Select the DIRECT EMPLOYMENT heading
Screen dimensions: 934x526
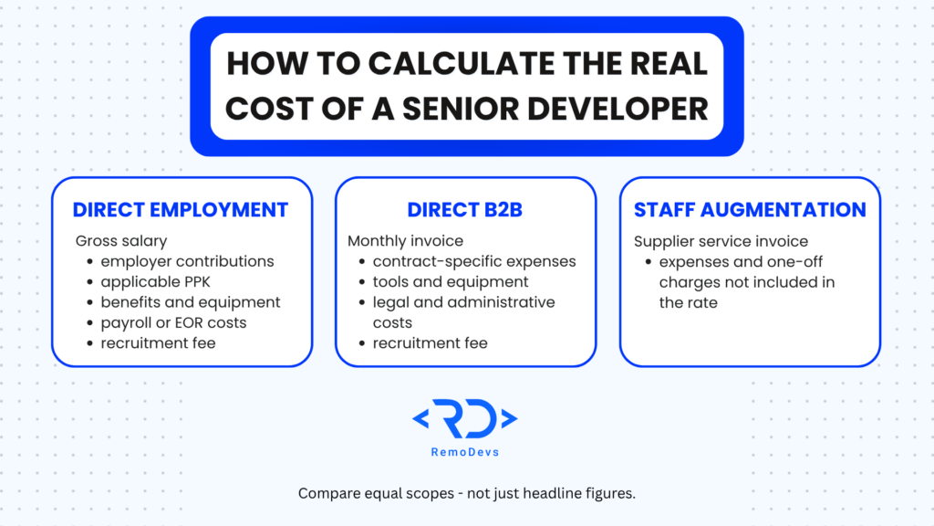pyautogui.click(x=181, y=210)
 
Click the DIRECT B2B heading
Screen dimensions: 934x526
pyautogui.click(x=464, y=210)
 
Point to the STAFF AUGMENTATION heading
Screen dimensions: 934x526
pyautogui.click(x=750, y=210)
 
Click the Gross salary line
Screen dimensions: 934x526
pyautogui.click(x=121, y=241)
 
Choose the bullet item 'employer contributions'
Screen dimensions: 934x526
pyautogui.click(x=187, y=261)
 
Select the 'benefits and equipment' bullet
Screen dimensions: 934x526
pyautogui.click(x=190, y=302)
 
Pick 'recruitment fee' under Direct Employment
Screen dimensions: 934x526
pyautogui.click(x=158, y=343)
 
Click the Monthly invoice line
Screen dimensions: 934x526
pyautogui.click(x=405, y=241)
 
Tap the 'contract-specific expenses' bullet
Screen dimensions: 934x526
pyautogui.click(x=474, y=261)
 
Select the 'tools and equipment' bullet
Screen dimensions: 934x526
pyautogui.click(x=451, y=281)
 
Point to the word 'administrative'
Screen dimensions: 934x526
pyautogui.click(x=505, y=302)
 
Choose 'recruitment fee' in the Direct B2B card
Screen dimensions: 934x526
pyautogui.click(x=431, y=343)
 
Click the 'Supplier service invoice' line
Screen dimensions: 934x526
pyautogui.click(x=721, y=241)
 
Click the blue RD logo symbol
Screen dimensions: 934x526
pyautogui.click(x=464, y=418)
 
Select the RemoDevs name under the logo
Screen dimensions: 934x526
pyautogui.click(x=464, y=452)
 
